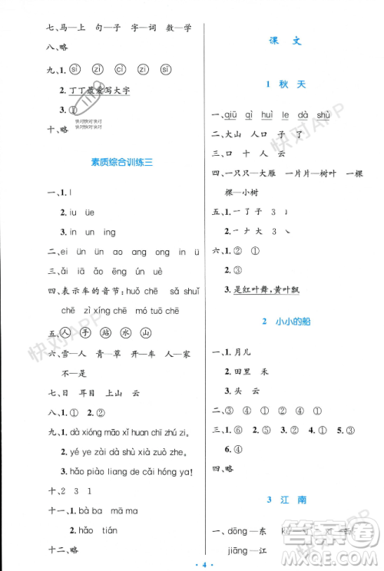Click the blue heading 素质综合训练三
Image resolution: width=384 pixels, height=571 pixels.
tap(117, 163)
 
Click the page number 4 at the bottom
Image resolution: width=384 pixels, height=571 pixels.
tap(191, 564)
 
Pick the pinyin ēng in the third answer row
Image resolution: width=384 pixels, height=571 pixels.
tap(102, 270)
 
